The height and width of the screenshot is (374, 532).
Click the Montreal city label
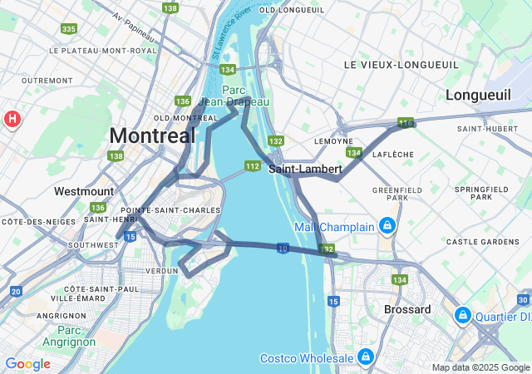coord(152,135)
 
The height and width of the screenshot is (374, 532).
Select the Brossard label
coord(407,309)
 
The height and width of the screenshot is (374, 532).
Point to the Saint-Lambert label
coord(304,169)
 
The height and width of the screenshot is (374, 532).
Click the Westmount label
coord(84,191)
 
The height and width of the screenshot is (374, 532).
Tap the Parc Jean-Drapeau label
coord(245,96)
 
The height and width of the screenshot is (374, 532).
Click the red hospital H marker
coord(12,119)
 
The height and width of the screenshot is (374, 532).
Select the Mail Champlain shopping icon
coord(387,226)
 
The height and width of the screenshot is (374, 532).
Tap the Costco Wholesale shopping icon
coord(365,357)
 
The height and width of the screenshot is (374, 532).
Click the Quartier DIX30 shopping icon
coord(463,316)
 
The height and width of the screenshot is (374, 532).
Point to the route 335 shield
coord(68,29)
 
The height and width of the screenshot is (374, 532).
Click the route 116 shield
coord(405,123)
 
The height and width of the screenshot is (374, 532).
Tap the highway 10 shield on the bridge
coord(283,248)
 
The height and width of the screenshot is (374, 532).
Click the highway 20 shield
coord(16,291)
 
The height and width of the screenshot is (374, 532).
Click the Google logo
coord(27,364)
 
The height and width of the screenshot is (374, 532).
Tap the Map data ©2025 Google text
coord(480,367)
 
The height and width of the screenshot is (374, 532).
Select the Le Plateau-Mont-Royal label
coord(103,51)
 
